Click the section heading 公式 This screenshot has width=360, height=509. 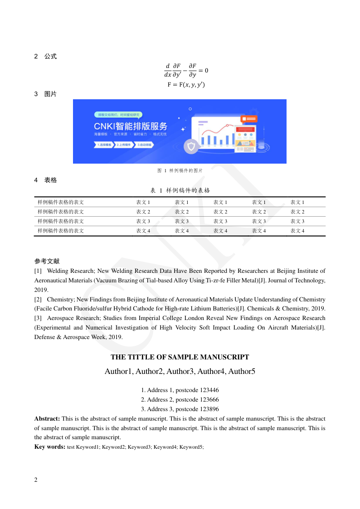click(50, 57)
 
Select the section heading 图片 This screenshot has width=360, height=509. click(50, 94)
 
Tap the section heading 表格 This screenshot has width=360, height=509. click(50, 180)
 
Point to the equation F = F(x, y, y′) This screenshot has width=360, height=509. click(186, 85)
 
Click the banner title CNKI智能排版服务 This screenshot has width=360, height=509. click(131, 126)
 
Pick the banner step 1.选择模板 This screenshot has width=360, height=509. click(104, 145)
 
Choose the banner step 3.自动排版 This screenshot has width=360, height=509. click(145, 145)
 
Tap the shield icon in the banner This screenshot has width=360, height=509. click(191, 146)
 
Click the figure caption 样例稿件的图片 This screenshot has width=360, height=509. click(186, 170)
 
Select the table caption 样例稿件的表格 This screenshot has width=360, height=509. click(188, 190)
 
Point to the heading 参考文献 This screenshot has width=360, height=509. click(47, 262)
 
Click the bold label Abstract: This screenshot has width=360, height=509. click(47, 419)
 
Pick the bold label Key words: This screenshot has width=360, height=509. click(49, 447)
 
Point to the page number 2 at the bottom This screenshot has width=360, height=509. click(36, 480)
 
